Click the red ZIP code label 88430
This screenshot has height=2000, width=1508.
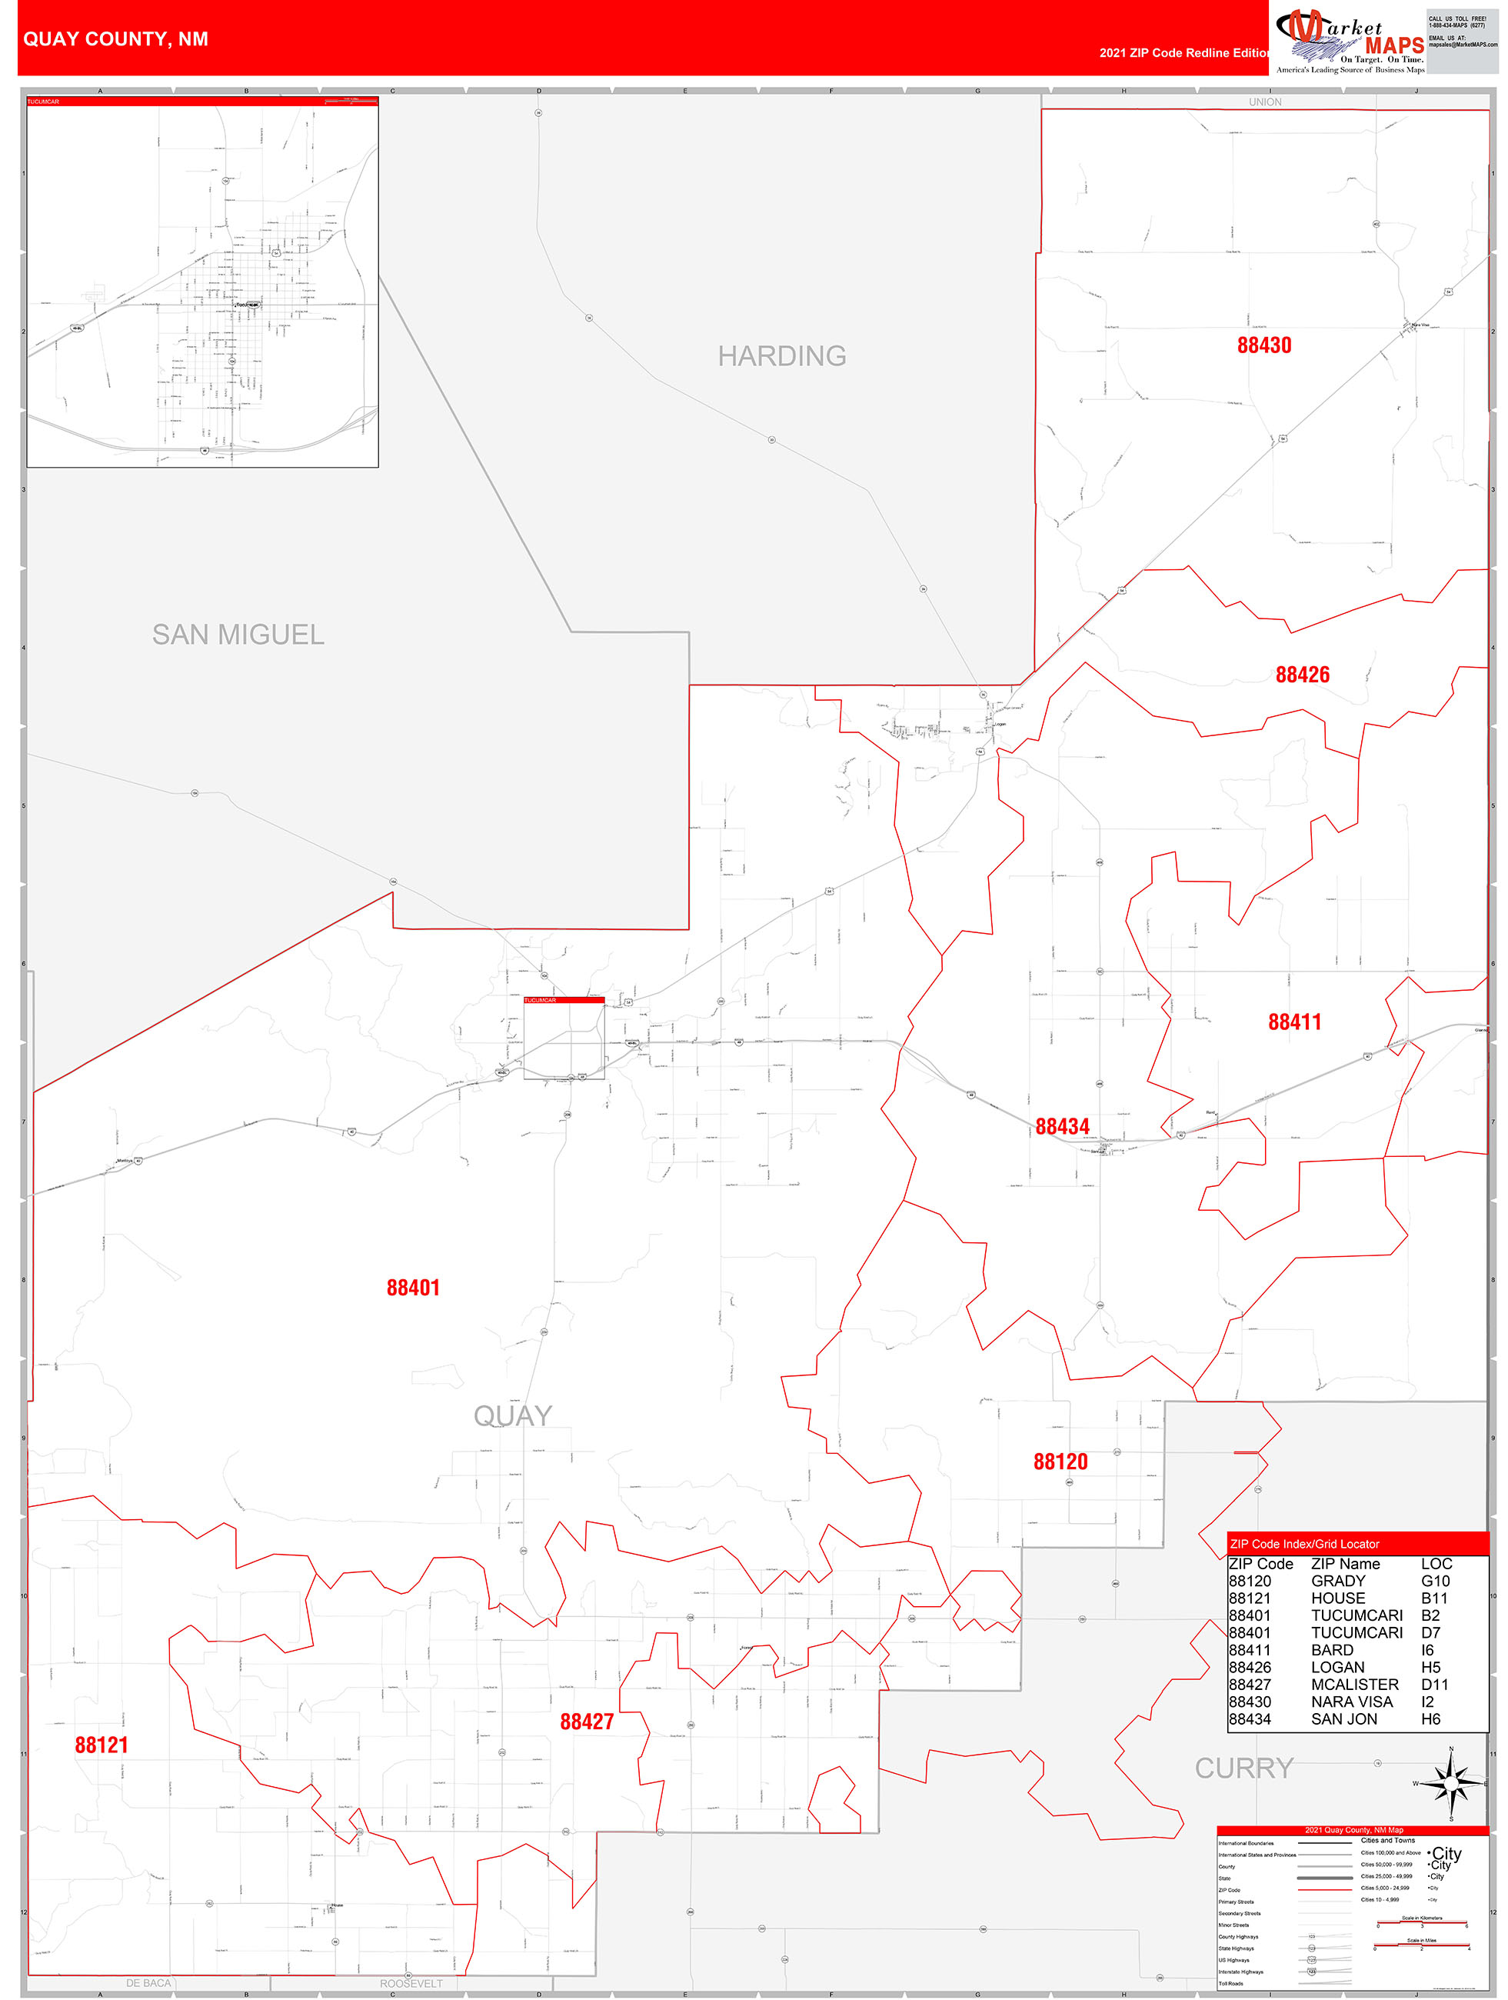[x=1264, y=345]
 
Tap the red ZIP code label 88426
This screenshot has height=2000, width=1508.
[x=1302, y=675]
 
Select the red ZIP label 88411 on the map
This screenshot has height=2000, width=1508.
[x=1295, y=1022]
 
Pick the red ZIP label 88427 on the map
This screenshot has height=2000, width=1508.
[x=587, y=1722]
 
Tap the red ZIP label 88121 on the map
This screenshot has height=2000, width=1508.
[x=102, y=1745]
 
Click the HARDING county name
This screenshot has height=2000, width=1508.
[x=782, y=356]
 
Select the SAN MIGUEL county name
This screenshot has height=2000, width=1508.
[x=238, y=635]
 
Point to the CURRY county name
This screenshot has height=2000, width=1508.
[x=1244, y=1768]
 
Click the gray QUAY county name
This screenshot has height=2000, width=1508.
[x=513, y=1416]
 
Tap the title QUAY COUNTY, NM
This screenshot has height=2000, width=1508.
[x=115, y=39]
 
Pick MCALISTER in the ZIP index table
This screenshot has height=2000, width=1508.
[x=1354, y=1685]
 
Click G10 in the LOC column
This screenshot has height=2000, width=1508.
[x=1435, y=1582]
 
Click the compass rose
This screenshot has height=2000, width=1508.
[x=1451, y=1783]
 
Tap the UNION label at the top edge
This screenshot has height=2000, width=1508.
[x=1265, y=102]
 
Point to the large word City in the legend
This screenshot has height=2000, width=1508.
[x=1446, y=1852]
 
